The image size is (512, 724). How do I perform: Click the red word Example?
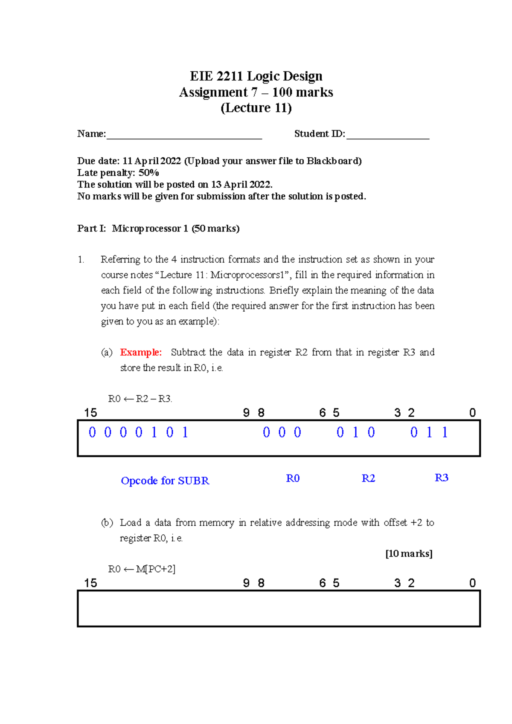coord(141,352)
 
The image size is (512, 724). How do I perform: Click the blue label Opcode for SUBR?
coord(165,481)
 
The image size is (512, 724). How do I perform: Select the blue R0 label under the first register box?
coord(293,478)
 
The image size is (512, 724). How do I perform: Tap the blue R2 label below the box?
coord(368,478)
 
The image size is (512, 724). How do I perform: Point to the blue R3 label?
coord(441,478)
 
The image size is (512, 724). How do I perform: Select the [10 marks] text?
coord(409,553)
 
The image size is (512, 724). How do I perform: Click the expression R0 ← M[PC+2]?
coord(142,569)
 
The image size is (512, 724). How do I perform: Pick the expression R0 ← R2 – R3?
coord(140,399)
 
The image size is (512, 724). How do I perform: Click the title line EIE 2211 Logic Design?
coord(256,76)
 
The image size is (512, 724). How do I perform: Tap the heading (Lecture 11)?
coord(256,108)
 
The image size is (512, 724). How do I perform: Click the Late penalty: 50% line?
coord(118,173)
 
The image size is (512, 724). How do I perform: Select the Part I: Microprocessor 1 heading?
coord(158,229)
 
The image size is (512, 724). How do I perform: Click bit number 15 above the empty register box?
coord(90,583)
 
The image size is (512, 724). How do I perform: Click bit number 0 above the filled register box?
coord(472,413)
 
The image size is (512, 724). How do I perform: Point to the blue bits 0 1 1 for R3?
coord(429,433)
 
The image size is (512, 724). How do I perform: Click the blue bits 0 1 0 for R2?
coord(355,433)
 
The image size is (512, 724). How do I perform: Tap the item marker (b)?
coord(107,522)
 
